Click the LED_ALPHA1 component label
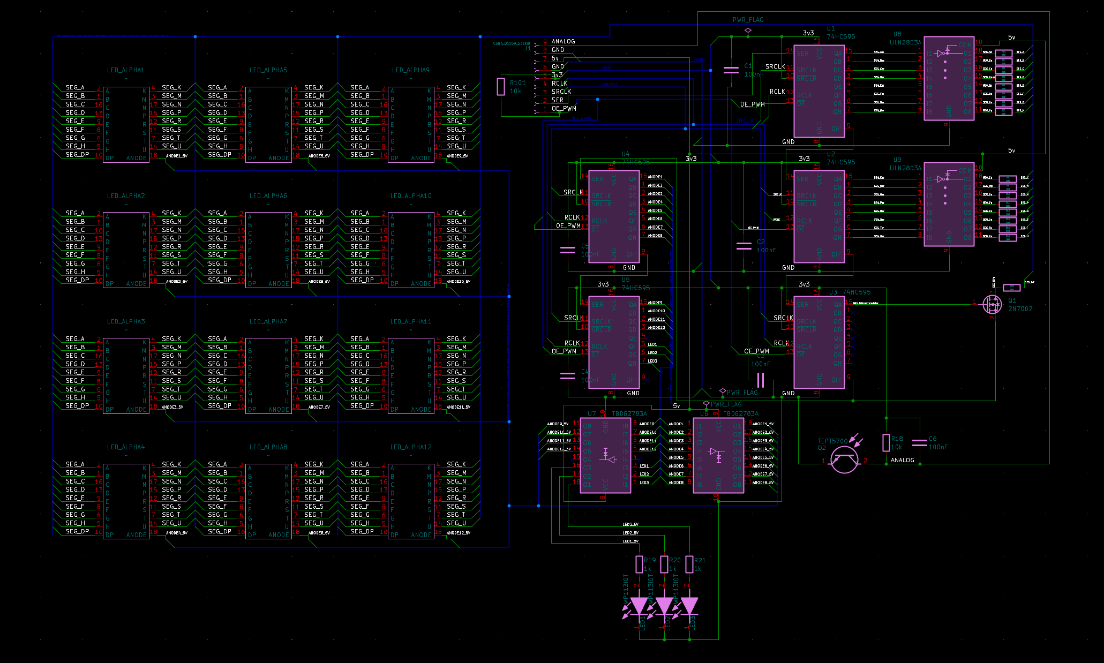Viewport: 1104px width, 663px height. tap(125, 70)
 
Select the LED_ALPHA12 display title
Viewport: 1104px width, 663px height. tap(411, 447)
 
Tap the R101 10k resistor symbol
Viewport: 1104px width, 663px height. tap(501, 87)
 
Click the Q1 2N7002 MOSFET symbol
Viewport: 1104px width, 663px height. tap(992, 304)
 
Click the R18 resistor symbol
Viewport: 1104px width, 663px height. tap(886, 443)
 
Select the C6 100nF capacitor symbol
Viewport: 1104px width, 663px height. tap(919, 442)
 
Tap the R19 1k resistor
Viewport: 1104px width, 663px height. tap(639, 564)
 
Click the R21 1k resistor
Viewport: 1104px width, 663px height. tap(689, 564)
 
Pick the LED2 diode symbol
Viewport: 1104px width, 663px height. tap(664, 606)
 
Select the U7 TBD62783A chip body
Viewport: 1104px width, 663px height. tap(605, 455)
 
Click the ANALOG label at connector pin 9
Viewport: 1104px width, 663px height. tap(563, 41)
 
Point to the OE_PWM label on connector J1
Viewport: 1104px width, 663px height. tap(564, 109)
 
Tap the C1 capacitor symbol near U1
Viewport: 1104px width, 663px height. tap(731, 70)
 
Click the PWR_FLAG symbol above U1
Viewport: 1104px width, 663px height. tap(748, 31)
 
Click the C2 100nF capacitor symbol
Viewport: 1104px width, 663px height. tap(744, 246)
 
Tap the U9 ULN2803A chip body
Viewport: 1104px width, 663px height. tap(949, 204)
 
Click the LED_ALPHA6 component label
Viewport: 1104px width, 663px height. tap(268, 196)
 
